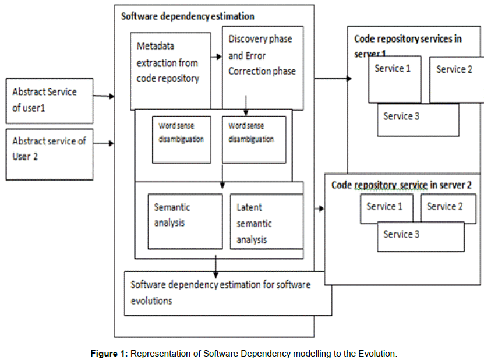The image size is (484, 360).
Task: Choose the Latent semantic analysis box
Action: tap(266, 221)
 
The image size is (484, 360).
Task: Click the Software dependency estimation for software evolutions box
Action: tap(227, 292)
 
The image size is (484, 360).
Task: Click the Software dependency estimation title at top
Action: tap(188, 16)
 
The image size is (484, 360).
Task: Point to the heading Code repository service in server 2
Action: tap(401, 185)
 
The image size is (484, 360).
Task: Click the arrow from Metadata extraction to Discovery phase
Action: tap(216, 57)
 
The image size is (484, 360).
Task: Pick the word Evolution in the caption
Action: tap(377, 353)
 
